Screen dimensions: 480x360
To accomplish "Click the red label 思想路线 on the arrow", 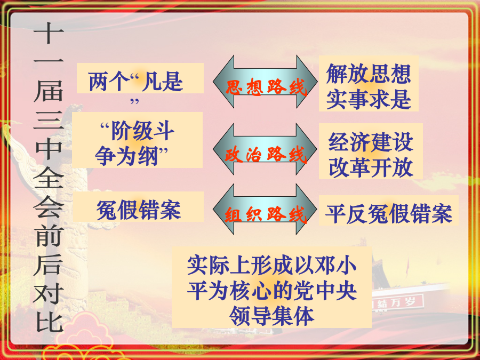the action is [266, 87].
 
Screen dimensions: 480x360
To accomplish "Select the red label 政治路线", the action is [266, 154].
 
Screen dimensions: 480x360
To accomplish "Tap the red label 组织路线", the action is [266, 214].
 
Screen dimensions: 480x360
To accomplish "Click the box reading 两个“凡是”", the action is [140, 78].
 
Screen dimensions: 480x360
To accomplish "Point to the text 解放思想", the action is [368, 74].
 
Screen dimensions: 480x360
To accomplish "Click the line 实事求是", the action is [368, 99].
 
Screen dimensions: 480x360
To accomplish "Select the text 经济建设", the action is [371, 142].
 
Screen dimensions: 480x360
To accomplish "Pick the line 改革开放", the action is [371, 167].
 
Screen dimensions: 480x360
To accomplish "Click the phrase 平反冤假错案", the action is [388, 213].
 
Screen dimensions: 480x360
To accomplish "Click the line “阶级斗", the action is [137, 131].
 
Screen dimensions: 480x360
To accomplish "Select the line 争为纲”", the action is [132, 156].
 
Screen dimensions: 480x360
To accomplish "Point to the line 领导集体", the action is [271, 316].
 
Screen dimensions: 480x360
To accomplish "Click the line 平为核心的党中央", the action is [271, 290].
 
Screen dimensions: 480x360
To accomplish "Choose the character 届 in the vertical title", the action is [49, 91].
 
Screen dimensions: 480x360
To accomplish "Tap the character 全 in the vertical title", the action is [49, 177].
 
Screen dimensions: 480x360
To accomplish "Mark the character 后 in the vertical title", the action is [49, 264].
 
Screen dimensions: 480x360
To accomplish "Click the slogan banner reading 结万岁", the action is [397, 302].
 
